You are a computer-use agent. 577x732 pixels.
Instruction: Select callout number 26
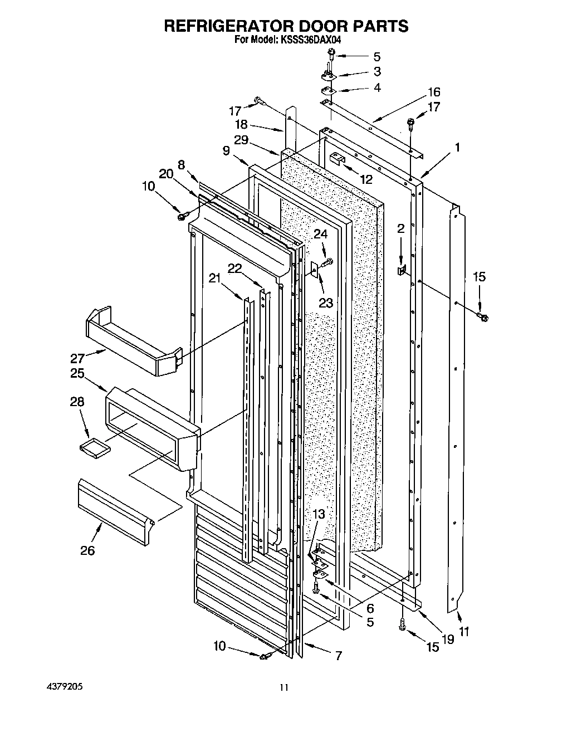(87, 550)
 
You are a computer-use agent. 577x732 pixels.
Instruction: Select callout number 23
(325, 302)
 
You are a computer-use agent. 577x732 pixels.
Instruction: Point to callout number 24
(320, 235)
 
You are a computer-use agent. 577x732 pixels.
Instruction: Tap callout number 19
(447, 639)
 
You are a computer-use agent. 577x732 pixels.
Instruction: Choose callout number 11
(464, 631)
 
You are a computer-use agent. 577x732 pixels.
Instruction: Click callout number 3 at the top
(377, 71)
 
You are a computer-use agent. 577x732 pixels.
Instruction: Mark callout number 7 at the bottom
(337, 656)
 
